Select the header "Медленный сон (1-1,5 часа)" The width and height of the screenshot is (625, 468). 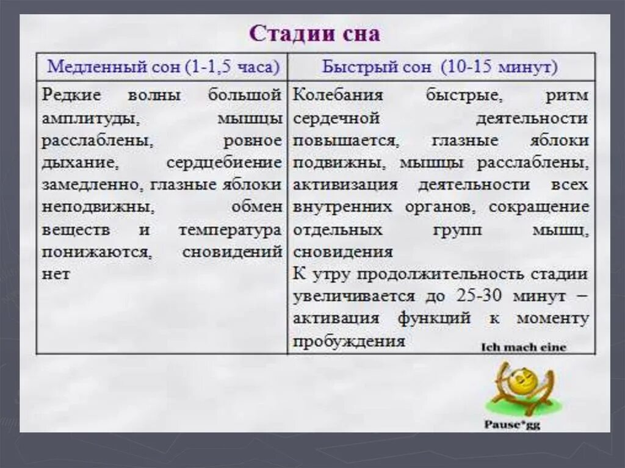point(163,67)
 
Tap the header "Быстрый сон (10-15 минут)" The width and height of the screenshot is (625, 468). point(440,67)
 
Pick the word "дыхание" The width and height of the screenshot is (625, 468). point(78,162)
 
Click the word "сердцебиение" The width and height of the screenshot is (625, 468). point(224,162)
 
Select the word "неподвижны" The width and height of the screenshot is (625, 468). point(98,207)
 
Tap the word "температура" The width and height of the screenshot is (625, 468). point(229,230)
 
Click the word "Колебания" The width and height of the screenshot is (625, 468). point(338,96)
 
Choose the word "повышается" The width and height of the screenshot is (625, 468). point(346,140)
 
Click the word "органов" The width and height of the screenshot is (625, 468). point(438,207)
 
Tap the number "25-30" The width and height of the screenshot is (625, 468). point(480,297)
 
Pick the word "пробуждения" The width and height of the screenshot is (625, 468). point(349,341)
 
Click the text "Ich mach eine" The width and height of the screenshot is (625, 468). point(524,348)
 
